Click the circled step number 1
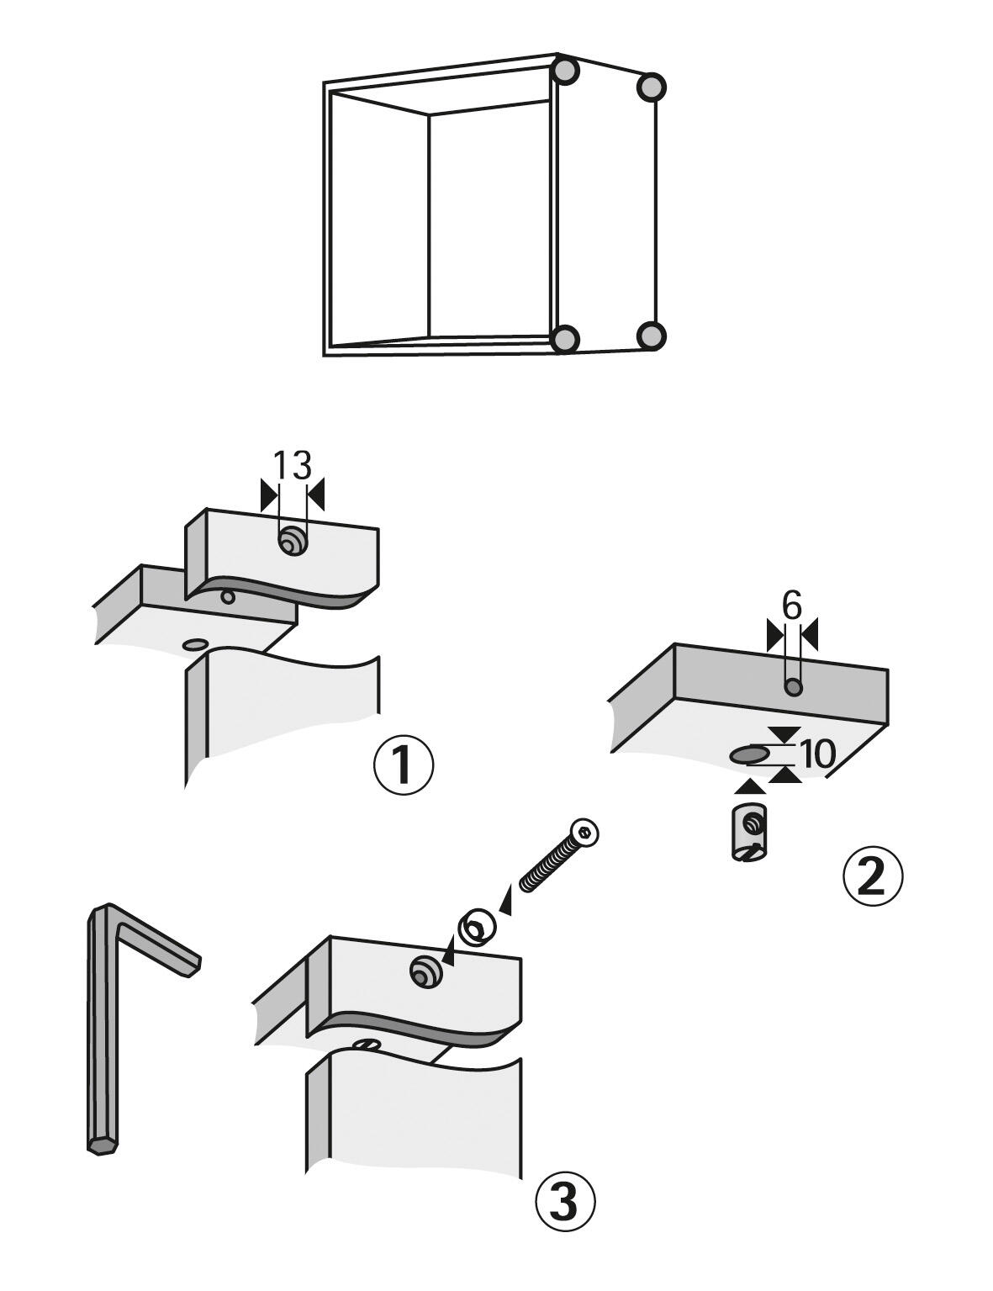click(404, 766)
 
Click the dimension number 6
click(792, 606)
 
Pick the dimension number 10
click(818, 754)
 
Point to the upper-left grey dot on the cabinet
click(565, 70)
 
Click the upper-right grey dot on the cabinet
click(652, 87)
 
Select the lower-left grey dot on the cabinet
click(565, 339)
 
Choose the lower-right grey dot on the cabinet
click(652, 336)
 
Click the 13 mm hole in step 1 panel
click(292, 542)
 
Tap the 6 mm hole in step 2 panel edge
click(793, 688)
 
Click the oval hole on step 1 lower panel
click(194, 643)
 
